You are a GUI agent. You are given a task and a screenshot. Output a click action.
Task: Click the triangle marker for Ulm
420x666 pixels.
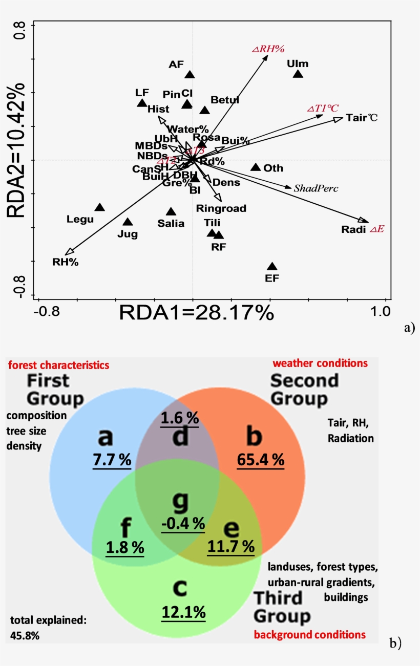298,74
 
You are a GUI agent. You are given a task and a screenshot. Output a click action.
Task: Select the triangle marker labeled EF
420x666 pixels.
272,267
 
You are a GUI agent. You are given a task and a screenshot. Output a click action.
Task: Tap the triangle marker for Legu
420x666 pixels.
99,207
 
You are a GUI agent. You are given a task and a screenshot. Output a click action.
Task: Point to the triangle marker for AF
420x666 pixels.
190,75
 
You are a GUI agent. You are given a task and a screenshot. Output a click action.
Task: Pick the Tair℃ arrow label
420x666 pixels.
362,118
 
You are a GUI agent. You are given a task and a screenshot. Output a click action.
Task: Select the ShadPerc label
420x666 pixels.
316,188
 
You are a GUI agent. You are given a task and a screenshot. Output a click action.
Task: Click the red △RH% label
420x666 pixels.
268,49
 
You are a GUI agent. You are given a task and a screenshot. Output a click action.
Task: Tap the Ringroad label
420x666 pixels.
221,208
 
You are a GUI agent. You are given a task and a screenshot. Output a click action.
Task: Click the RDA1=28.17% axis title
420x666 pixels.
197,312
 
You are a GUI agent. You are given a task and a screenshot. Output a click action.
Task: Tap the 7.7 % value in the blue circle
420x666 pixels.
112,460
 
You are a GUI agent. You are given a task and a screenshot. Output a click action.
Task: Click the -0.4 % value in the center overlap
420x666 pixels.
183,524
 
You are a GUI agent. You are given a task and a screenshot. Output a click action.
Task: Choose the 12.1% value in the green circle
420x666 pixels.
183,612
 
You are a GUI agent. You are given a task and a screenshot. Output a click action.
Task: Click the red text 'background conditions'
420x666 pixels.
310,635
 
